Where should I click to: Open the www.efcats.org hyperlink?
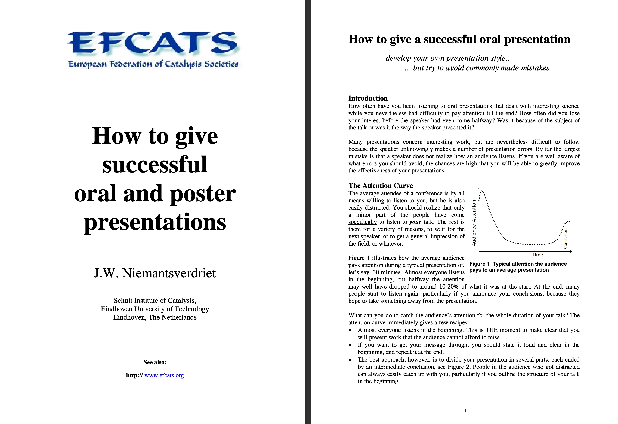[164, 375]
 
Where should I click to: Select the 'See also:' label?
[155, 362]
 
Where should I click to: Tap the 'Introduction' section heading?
[368, 98]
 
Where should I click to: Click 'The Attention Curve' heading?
[381, 186]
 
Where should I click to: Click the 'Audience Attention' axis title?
[474, 223]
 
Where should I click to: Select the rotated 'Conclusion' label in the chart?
[565, 239]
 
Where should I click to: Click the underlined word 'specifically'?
[362, 222]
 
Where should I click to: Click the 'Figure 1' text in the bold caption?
[479, 264]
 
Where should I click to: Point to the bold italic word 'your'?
[415, 222]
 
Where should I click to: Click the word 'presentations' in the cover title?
[155, 222]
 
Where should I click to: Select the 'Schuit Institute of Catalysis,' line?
[155, 301]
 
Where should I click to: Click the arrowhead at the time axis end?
[571, 251]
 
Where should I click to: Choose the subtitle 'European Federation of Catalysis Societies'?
[153, 64]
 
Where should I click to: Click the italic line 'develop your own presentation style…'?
[449, 58]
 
